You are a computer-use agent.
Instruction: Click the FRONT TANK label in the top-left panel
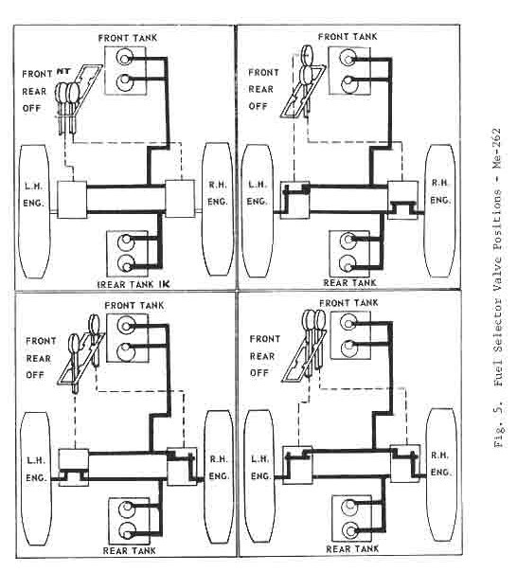(127, 38)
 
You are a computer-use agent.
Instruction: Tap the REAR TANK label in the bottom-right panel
(352, 548)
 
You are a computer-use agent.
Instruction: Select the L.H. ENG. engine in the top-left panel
(34, 211)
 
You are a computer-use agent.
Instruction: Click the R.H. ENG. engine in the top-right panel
(440, 211)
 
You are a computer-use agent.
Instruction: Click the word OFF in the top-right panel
(258, 106)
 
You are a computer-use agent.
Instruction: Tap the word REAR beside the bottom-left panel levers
(38, 359)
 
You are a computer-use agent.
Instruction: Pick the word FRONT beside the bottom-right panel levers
(265, 339)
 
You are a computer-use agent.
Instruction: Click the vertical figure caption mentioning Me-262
(498, 288)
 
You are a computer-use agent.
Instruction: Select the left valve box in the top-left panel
(72, 199)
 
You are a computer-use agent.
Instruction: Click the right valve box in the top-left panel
(180, 198)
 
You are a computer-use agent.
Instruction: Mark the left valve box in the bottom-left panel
(74, 467)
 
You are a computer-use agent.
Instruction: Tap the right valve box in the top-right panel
(402, 200)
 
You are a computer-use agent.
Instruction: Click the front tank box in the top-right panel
(349, 71)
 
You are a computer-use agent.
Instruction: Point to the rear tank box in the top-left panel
(127, 254)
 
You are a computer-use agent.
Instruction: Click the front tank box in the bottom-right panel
(350, 335)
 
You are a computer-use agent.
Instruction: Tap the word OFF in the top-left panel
(32, 108)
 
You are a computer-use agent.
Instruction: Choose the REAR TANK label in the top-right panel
(349, 283)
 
